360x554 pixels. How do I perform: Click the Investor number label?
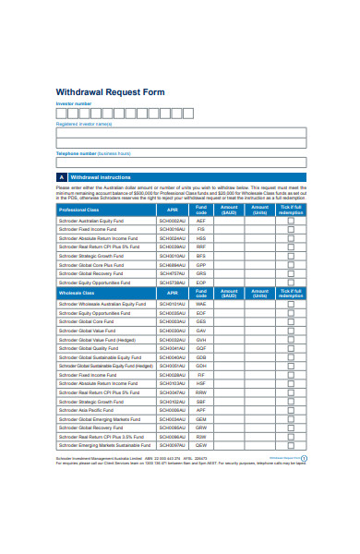click(x=74, y=105)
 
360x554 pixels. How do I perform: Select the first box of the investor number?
click(x=61, y=114)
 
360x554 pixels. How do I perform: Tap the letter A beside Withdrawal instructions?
click(x=62, y=175)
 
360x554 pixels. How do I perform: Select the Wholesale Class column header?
click(x=76, y=293)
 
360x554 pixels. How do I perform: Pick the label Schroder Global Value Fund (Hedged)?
click(x=98, y=338)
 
